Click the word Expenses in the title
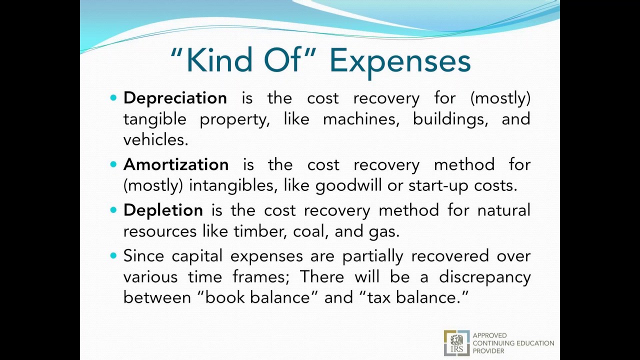click(x=400, y=61)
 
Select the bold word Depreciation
click(x=175, y=98)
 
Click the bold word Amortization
click(x=176, y=164)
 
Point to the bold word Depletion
click(x=163, y=210)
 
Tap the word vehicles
click(x=155, y=140)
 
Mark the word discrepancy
click(x=484, y=277)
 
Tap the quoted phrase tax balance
click(x=413, y=297)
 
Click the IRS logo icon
click(x=456, y=343)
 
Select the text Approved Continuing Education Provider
click(x=513, y=343)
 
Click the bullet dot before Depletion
click(x=113, y=210)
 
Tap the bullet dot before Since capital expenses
click(x=113, y=255)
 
